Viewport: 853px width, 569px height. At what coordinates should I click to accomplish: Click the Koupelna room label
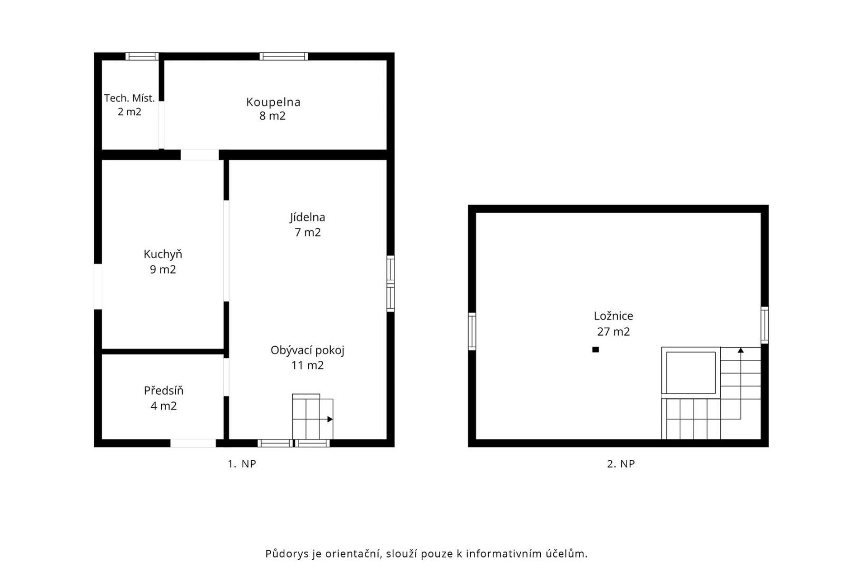pos(273,102)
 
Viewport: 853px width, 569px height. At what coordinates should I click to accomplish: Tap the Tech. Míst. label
pos(130,99)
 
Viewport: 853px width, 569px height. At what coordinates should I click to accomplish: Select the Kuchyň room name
pos(163,254)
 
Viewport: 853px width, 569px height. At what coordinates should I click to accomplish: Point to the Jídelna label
pos(308,217)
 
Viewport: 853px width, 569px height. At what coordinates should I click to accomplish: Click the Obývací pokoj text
pos(308,351)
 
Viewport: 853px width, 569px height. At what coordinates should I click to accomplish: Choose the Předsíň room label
pos(164,390)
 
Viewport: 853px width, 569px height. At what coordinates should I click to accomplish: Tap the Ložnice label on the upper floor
pos(613,316)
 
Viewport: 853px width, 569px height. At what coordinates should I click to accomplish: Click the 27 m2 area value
pos(613,331)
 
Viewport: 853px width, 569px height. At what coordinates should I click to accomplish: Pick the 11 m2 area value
pos(308,366)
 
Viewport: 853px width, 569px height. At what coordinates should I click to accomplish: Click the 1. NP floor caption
pos(242,464)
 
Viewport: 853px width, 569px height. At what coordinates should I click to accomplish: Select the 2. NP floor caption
pos(621,464)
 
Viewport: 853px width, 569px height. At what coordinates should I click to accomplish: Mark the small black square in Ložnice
pos(596,349)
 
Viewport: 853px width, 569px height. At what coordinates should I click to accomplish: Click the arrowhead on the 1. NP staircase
pos(330,419)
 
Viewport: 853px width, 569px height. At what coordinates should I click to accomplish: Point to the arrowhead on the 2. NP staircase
pos(741,350)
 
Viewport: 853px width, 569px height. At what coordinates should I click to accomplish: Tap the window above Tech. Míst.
pos(142,56)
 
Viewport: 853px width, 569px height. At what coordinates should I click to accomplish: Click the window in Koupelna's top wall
pos(284,56)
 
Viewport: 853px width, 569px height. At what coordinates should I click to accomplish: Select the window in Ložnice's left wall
pos(472,331)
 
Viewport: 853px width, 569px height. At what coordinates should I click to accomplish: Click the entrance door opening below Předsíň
pos(193,443)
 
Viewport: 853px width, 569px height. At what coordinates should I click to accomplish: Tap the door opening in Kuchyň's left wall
pos(98,287)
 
